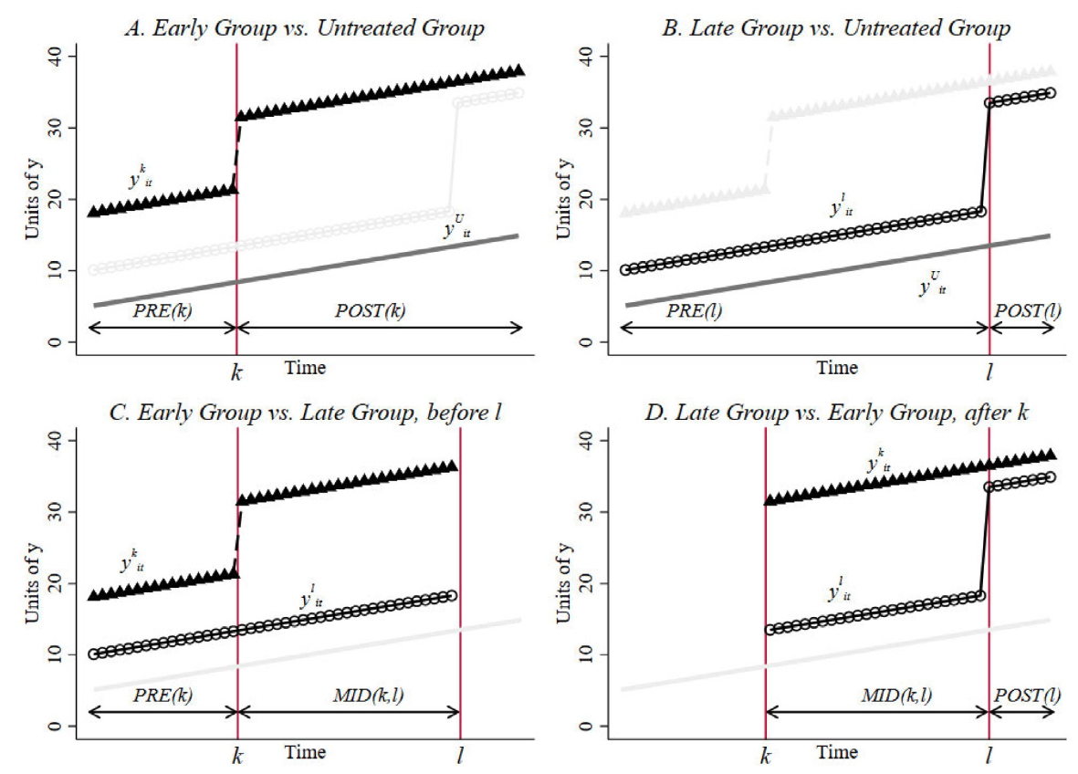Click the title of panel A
(304, 28)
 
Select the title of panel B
(837, 28)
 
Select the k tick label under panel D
(765, 755)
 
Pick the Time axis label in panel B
(837, 368)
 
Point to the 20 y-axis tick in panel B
(587, 199)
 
